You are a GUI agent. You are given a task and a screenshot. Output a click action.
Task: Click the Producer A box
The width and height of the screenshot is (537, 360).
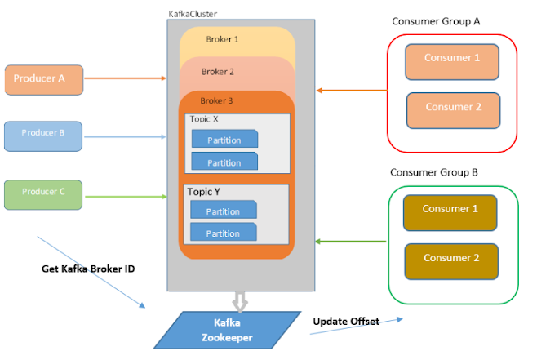(44, 79)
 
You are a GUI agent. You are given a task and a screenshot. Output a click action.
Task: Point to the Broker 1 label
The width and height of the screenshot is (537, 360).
(222, 38)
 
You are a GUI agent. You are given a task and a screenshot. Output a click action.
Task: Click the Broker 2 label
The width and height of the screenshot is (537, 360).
(218, 72)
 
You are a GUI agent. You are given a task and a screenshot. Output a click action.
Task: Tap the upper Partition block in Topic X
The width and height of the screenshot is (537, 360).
(223, 139)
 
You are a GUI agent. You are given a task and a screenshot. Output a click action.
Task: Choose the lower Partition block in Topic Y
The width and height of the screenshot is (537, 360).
(223, 233)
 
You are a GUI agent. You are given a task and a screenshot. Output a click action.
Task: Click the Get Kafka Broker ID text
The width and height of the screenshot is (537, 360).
(88, 269)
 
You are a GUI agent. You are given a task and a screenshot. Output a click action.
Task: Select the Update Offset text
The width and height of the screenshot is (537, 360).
(346, 322)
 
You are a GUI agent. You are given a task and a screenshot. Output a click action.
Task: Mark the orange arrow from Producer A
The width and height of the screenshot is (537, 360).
(126, 79)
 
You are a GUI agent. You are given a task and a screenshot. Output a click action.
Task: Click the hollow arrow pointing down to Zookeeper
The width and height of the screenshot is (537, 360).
(239, 301)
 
